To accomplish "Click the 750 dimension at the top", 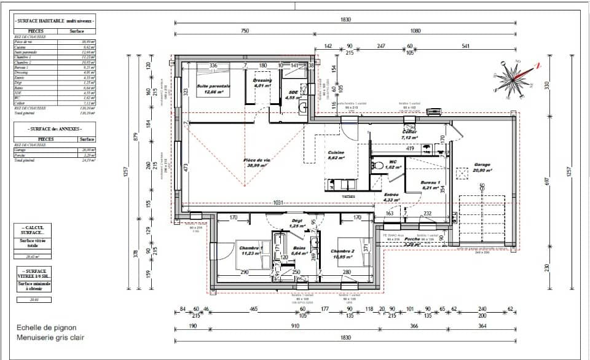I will [x=245, y=31].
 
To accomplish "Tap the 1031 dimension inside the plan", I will [x=278, y=203].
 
